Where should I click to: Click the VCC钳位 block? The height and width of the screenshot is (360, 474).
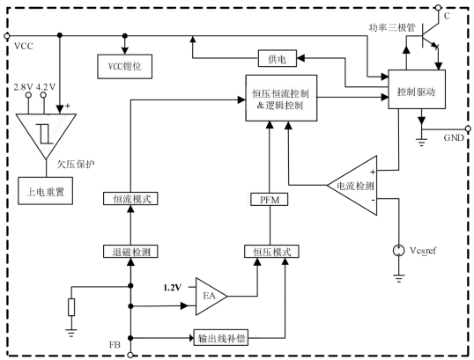[x=124, y=66]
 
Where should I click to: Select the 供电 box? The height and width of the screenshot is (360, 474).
[x=278, y=59]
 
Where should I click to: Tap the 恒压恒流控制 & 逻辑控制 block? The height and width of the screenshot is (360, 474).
[x=281, y=99]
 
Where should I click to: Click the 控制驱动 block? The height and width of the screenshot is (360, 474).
[x=417, y=90]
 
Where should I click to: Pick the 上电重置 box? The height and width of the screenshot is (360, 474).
[x=45, y=191]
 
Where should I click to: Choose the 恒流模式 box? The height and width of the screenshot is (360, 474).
[x=130, y=199]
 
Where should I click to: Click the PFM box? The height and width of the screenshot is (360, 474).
[x=270, y=200]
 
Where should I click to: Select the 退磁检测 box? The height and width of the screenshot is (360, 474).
[x=130, y=252]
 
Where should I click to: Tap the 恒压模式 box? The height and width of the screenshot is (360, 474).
[x=271, y=252]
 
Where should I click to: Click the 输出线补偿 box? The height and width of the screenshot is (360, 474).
[x=221, y=338]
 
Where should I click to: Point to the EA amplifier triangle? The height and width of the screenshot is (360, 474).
[x=211, y=297]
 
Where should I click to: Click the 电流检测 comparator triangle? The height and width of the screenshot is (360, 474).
[x=352, y=186]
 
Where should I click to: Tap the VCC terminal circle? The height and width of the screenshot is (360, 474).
[x=7, y=36]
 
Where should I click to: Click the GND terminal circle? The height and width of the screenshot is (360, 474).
[x=468, y=129]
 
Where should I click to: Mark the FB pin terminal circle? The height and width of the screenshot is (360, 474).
[x=130, y=356]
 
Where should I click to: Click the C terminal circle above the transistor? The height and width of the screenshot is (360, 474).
[x=439, y=8]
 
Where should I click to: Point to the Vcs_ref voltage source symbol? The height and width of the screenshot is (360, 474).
[x=399, y=250]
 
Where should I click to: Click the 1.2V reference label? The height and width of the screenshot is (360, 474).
[x=173, y=288]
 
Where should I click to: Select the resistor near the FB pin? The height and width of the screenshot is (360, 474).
[x=71, y=307]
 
